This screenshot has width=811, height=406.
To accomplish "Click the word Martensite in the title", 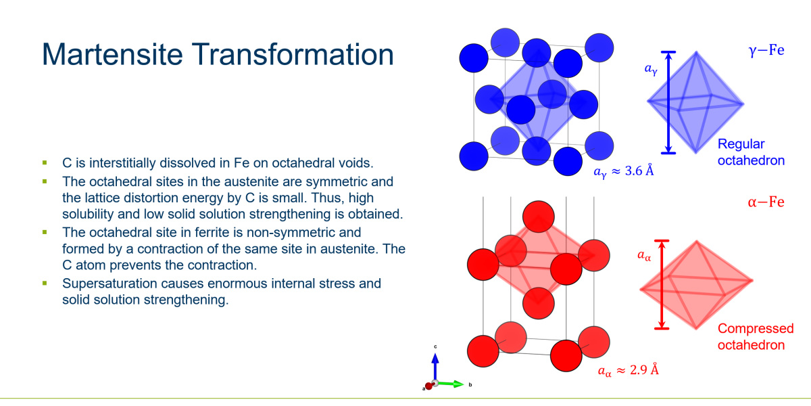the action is (x=112, y=54).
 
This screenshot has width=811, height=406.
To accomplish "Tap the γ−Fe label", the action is (x=766, y=50).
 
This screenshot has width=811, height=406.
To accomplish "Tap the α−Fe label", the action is (x=766, y=202).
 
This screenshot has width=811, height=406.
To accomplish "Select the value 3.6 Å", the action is (x=639, y=171).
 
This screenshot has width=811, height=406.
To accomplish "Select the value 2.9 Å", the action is (x=644, y=369).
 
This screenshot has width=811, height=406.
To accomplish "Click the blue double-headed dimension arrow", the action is (x=668, y=103).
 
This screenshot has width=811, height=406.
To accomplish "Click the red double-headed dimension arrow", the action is (x=662, y=285).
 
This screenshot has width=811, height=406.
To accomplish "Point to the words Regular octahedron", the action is (x=751, y=152).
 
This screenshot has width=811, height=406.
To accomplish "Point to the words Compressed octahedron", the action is (x=756, y=337).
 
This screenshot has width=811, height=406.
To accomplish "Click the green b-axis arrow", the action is (x=451, y=384).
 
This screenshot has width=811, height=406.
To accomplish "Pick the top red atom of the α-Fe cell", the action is (x=539, y=217).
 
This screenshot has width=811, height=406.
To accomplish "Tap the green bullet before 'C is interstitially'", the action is (x=45, y=163).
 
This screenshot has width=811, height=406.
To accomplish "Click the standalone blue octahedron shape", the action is (x=695, y=103).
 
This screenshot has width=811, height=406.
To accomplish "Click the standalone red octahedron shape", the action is (x=697, y=285).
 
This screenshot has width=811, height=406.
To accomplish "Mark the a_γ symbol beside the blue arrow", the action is (x=651, y=69).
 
